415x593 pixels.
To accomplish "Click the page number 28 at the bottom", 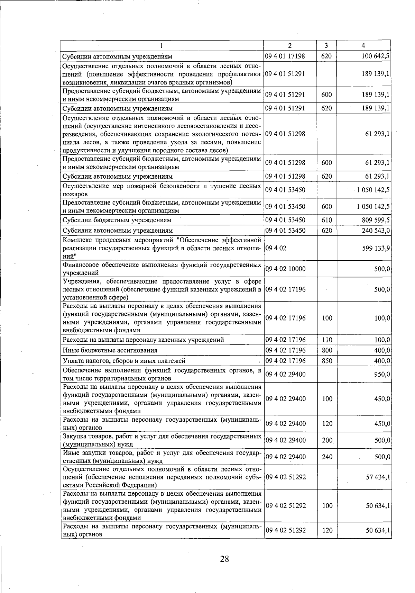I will [224, 559].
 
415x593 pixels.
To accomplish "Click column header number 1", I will [162, 46].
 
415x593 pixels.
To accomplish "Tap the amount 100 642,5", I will [376, 56].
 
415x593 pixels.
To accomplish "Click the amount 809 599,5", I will [376, 220].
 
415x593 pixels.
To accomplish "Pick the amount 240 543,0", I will [376, 231].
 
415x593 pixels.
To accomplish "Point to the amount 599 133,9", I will [376, 248].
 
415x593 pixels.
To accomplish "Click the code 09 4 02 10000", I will [285, 269].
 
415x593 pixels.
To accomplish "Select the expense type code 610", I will [326, 220].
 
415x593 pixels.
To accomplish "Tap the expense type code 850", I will [327, 361].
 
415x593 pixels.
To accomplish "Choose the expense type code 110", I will [327, 340].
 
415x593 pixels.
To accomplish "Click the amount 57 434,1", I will [378, 477].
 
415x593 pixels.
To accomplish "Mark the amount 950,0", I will [382, 375].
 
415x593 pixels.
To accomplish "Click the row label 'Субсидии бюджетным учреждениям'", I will [117, 220].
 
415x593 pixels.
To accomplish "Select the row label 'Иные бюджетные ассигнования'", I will [110, 350].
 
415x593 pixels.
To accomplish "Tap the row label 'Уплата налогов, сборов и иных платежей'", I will [124, 361].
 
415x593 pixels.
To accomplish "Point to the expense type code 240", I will [327, 457].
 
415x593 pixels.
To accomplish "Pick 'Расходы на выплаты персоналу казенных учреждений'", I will [143, 340].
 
